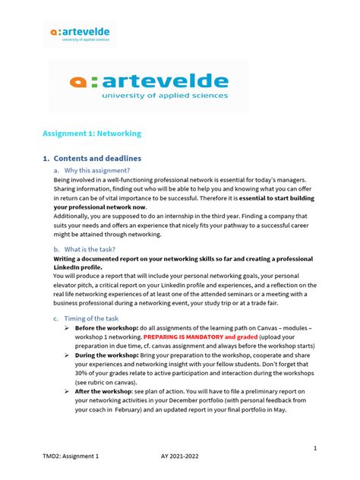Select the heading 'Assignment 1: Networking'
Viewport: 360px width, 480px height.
(x=92, y=133)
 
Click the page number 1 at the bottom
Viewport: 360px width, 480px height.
(x=314, y=449)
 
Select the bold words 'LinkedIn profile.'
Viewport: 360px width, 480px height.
(x=77, y=268)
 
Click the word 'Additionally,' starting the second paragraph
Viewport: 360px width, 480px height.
(x=74, y=217)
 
